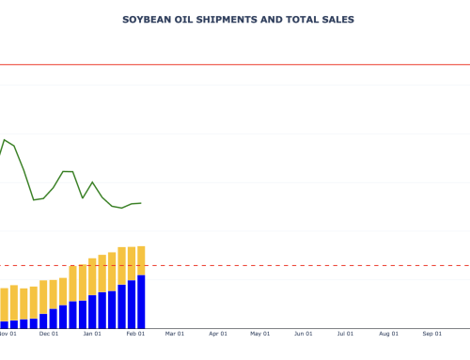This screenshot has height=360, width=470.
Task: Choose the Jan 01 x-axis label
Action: pos(92,333)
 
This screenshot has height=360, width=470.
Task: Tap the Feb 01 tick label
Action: pos(135,333)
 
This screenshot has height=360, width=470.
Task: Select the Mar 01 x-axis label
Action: pos(175,333)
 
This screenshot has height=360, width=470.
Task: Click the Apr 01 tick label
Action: pos(218,333)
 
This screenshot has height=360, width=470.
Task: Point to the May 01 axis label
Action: pos(260,333)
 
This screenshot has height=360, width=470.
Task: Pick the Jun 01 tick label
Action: pos(304,333)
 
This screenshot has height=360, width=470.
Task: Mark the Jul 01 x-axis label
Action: pos(346,333)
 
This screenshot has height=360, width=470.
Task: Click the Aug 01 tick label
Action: pos(389,333)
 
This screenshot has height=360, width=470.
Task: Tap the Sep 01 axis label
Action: pos(432,333)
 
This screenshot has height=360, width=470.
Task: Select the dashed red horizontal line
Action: pos(282,266)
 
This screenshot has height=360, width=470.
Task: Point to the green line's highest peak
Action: pos(5,140)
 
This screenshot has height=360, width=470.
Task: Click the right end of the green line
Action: pos(141,203)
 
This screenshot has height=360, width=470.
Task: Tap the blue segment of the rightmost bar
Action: pos(141,301)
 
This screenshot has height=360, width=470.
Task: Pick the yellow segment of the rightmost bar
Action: pos(141,260)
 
